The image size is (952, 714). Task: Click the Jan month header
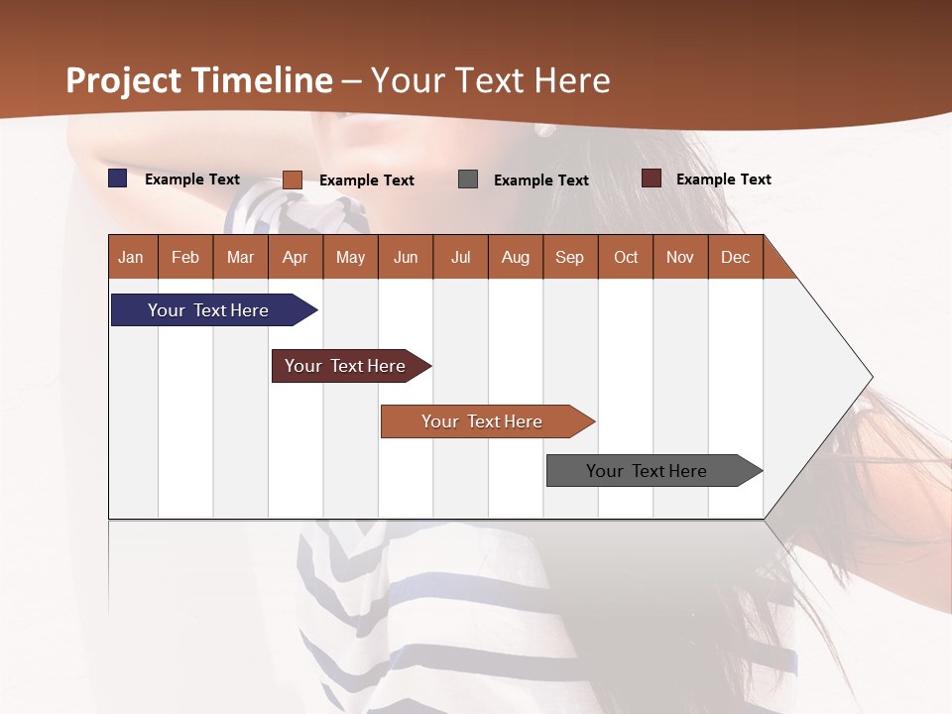coord(131,257)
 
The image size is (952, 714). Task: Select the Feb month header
coord(185,257)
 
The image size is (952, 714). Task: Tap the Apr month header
coord(295,257)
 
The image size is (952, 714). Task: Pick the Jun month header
coord(406,257)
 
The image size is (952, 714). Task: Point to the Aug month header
coord(515,257)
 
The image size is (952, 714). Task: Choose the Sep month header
coord(569,257)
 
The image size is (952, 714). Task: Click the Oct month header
coord(626,257)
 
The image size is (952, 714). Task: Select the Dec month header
coord(735,257)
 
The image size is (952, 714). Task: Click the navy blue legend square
coord(118,178)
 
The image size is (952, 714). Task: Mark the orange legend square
coord(293,179)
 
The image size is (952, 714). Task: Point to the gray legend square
coord(468,179)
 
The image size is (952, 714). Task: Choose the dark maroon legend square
coord(652,178)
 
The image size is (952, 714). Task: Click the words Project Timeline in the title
coord(199,80)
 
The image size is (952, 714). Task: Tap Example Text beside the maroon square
coord(723,179)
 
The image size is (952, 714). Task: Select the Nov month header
coord(680,257)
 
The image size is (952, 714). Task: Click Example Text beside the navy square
coord(192,179)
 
